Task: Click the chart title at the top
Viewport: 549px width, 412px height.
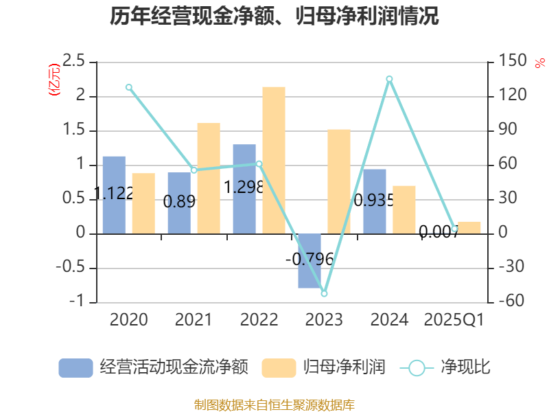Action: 274,16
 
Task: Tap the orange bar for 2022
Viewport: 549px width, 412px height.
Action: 274,160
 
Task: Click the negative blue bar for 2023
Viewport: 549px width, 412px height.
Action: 309,261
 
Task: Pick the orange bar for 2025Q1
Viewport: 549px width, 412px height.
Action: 469,227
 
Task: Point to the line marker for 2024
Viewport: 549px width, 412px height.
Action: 389,79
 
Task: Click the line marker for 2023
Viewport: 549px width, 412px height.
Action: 324,293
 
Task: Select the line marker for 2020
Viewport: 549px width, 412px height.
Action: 129,87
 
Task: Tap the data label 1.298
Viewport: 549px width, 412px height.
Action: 244,187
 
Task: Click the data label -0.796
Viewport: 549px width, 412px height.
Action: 309,259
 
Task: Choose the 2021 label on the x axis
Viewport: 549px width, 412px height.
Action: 194,319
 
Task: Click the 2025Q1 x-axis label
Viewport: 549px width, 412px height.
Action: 454,319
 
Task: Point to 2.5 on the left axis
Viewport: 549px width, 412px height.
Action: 73,62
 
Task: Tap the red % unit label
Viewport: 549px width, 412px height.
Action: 539,62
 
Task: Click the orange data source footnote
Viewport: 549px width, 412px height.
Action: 274,404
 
